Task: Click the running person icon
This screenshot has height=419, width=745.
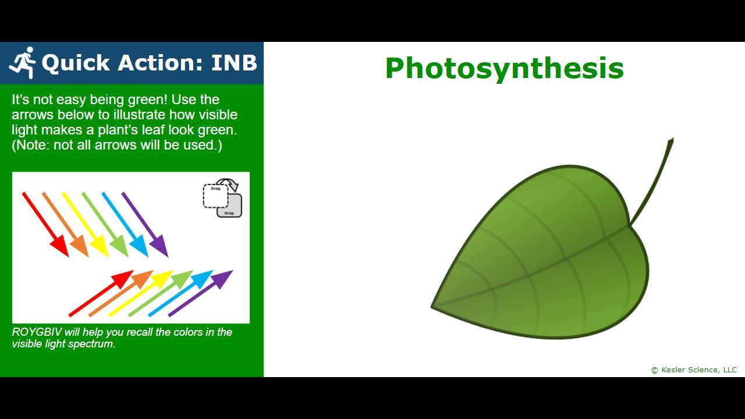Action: pyautogui.click(x=22, y=62)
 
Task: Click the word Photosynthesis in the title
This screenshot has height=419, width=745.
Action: pyautogui.click(x=504, y=69)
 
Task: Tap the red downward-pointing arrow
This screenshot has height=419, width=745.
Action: pyautogui.click(x=45, y=225)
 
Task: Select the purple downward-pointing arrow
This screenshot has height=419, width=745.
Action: pyautogui.click(x=145, y=225)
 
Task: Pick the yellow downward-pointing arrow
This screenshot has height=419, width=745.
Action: pyautogui.click(x=86, y=225)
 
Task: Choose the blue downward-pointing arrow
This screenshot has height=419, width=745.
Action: pyautogui.click(x=125, y=225)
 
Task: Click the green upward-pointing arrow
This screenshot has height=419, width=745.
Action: pyautogui.click(x=161, y=293)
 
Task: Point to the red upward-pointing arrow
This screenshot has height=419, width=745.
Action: pyautogui.click(x=101, y=293)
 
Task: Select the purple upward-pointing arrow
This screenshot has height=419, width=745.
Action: pyautogui.click(x=200, y=293)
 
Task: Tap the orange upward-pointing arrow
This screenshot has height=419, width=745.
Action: pyautogui.click(x=121, y=293)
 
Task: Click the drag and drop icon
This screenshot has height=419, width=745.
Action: pyautogui.click(x=222, y=198)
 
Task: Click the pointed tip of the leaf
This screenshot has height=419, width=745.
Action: pyautogui.click(x=432, y=307)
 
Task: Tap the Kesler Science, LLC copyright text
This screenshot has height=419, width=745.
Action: pyautogui.click(x=694, y=370)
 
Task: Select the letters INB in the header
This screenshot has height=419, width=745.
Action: pyautogui.click(x=234, y=62)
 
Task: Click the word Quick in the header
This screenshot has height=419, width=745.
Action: pyautogui.click(x=76, y=63)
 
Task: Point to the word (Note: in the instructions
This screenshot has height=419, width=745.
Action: pyautogui.click(x=31, y=145)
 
